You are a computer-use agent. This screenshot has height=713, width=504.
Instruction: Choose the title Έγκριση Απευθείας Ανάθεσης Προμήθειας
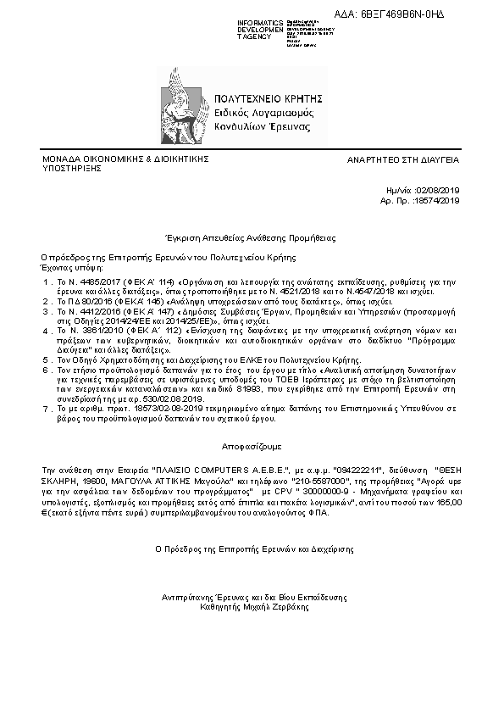tap(252, 239)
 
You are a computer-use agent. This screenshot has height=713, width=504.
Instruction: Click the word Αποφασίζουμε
tap(252, 445)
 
